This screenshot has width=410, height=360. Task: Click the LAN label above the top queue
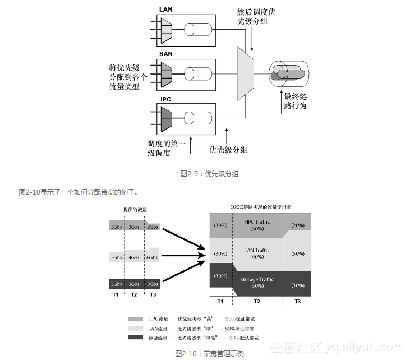(x=167, y=9)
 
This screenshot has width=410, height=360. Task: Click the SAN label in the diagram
(x=166, y=54)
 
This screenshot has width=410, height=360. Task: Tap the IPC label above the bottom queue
(x=166, y=99)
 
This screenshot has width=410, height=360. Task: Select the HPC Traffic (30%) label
(x=257, y=225)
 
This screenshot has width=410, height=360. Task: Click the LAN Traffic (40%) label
(x=257, y=253)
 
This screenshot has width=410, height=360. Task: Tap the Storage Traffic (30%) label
(x=257, y=282)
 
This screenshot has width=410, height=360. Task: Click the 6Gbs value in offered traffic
(x=151, y=257)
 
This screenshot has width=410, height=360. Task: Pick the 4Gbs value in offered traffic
(x=133, y=257)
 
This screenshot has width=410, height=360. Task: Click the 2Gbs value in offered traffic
(x=153, y=227)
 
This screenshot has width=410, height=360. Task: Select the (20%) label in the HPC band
(x=298, y=225)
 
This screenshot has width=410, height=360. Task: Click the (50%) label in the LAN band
(x=298, y=253)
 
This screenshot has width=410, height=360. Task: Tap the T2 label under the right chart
(x=257, y=302)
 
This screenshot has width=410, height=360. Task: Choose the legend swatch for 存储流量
(x=135, y=337)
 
